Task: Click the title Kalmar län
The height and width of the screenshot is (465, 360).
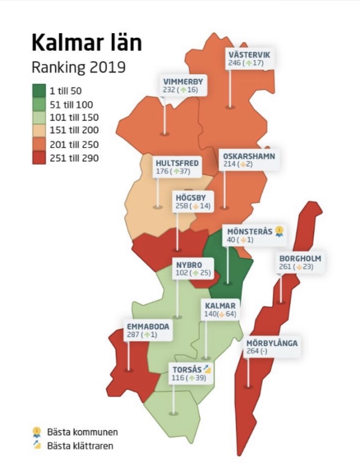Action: pos(87,43)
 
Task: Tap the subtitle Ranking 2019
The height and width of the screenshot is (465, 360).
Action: pos(78,68)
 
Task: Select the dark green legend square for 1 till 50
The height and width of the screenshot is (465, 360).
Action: pos(39,90)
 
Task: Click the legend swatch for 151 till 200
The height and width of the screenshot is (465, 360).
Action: pos(39,131)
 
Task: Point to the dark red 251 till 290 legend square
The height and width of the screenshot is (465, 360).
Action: pos(39,158)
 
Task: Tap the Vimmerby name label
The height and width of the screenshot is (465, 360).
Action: pos(183,81)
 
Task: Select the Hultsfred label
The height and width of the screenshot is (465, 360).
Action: pos(177,163)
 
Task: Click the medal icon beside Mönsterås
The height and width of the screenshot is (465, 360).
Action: pos(279,231)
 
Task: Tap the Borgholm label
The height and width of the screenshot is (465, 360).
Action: pos(300,258)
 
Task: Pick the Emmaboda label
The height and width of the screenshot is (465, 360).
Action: pos(147,325)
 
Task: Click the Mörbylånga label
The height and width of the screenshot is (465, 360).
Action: pos(272,343)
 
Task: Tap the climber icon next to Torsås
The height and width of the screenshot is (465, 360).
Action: pos(207,369)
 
